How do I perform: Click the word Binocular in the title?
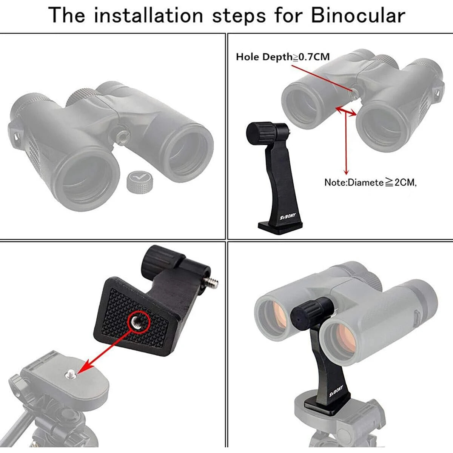click(x=358, y=16)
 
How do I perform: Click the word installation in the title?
click(x=148, y=16)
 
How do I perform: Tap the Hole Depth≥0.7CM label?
click(x=282, y=57)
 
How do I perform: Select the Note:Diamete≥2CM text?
click(x=370, y=182)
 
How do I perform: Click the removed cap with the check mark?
click(x=140, y=180)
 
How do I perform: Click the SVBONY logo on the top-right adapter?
click(x=288, y=217)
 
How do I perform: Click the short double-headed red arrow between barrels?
click(x=346, y=111)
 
